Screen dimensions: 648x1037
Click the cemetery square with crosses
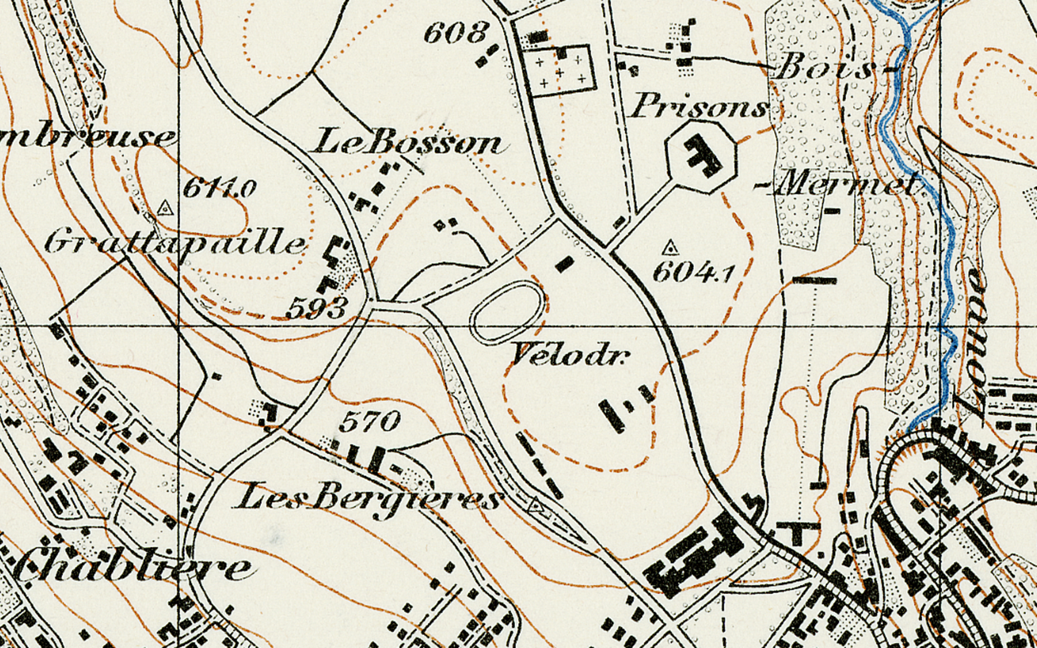[x=559, y=71]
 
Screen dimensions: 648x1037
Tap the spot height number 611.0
[x=219, y=188]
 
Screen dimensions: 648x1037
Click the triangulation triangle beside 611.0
[x=165, y=209]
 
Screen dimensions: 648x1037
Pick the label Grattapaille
[x=176, y=245]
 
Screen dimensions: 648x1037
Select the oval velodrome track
[x=508, y=312]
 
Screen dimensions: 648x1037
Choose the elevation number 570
[x=369, y=421]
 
